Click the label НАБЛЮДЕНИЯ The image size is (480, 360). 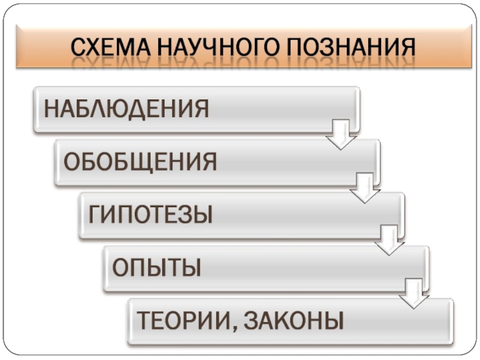click(126, 110)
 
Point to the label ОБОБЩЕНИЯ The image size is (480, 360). click(140, 161)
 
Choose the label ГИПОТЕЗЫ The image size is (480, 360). click(151, 214)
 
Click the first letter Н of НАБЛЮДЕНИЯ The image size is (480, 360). click(51, 110)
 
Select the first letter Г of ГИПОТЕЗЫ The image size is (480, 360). click(95, 214)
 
